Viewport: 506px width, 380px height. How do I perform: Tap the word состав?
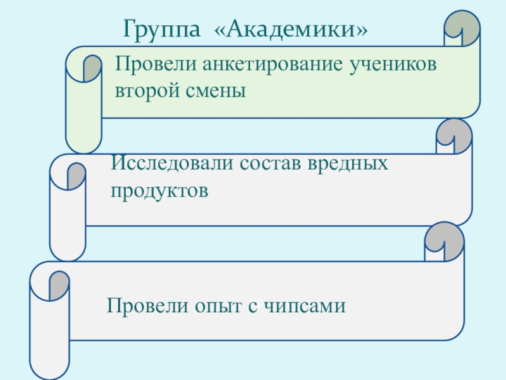point(271,164)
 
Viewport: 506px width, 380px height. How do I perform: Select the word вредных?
point(348,164)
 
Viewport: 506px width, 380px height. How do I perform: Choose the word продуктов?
point(159,189)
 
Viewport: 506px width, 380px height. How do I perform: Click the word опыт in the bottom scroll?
point(215,307)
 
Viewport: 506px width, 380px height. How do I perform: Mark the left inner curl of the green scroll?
point(92,68)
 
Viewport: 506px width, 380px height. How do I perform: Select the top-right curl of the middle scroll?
point(453,134)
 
